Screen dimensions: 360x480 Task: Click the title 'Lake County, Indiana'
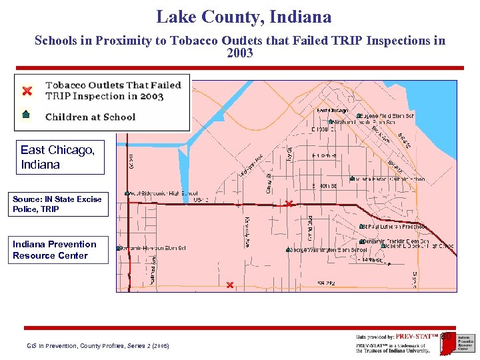click(x=243, y=17)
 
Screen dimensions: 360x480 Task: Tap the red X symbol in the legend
click(x=27, y=91)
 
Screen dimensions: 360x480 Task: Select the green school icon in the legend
click(x=26, y=114)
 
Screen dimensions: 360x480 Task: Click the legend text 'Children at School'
click(x=90, y=117)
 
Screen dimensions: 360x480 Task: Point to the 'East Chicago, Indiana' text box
click(x=60, y=157)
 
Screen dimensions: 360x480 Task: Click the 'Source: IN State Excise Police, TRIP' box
click(x=60, y=204)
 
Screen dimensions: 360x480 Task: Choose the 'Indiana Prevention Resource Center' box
click(x=60, y=249)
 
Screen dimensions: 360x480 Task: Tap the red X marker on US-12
click(x=288, y=203)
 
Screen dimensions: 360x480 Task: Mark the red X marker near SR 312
click(x=229, y=285)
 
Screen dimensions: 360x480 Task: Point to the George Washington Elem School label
click(x=329, y=250)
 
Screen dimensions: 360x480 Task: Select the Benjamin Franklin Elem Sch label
click(x=397, y=241)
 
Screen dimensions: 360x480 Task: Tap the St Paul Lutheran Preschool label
click(x=396, y=227)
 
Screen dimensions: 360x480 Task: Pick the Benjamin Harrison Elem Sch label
click(x=155, y=248)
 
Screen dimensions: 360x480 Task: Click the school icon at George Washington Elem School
click(x=288, y=250)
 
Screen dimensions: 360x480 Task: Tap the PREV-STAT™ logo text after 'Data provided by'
click(x=417, y=337)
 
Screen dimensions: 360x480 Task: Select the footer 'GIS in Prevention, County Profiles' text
click(x=97, y=346)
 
